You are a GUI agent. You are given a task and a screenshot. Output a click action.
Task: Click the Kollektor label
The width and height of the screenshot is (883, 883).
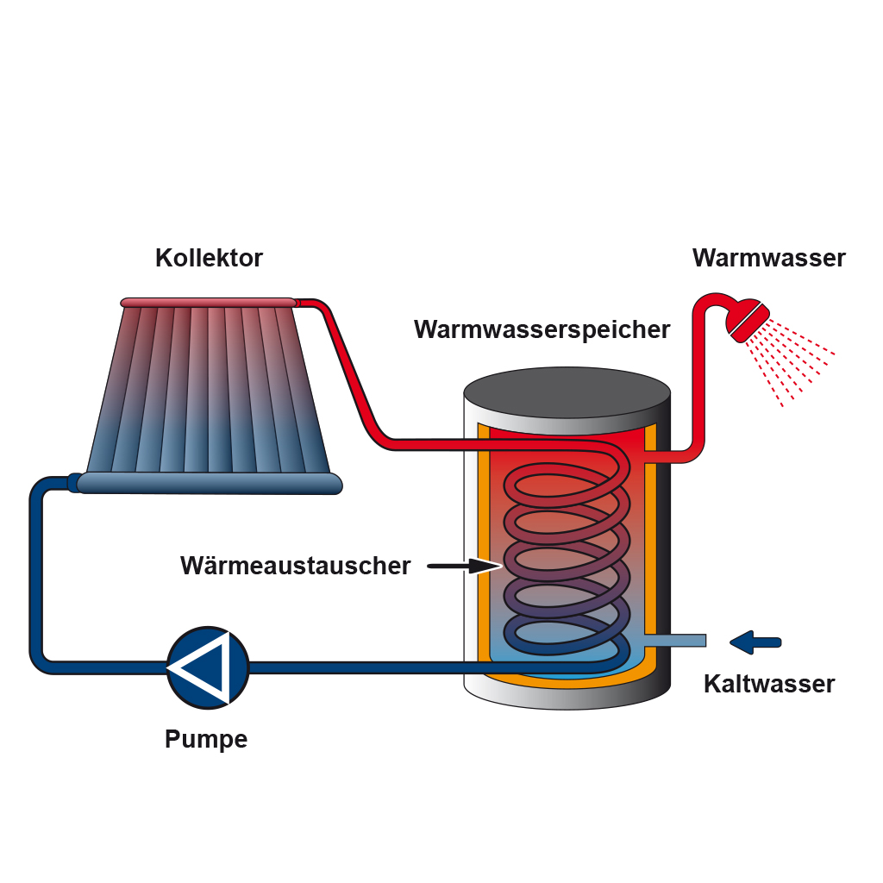[209, 258]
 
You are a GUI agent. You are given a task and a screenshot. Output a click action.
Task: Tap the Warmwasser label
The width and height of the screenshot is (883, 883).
[768, 258]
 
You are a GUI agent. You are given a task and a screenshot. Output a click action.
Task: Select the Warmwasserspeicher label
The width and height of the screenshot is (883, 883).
[542, 329]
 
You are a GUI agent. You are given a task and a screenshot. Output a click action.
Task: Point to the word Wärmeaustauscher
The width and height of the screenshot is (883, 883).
[295, 566]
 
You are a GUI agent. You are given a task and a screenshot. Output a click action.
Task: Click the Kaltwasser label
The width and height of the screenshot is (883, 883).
[769, 684]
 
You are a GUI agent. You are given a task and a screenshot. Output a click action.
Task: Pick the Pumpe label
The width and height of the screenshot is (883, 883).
[206, 739]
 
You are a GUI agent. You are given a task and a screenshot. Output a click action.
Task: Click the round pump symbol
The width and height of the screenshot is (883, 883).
[207, 667]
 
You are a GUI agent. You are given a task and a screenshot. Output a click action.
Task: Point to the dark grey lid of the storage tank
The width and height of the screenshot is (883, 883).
[567, 393]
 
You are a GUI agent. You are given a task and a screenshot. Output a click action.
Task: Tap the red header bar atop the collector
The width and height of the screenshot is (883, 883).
[209, 302]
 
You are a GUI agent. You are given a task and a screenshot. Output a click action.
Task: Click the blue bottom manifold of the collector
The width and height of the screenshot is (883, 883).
[209, 483]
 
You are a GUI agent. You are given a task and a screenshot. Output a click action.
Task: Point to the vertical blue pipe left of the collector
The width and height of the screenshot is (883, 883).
[36, 569]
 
